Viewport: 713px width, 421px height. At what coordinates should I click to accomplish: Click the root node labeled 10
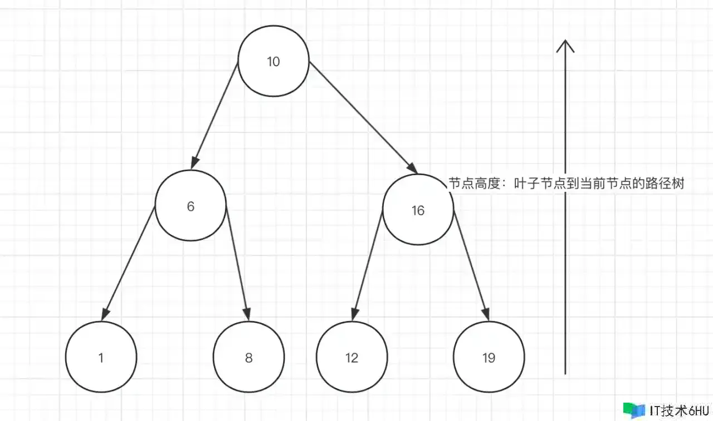(273, 61)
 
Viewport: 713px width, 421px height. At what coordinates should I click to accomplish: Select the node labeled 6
(191, 206)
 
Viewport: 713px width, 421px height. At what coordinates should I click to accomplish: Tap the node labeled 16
(418, 210)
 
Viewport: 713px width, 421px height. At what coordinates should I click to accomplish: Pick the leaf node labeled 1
(101, 358)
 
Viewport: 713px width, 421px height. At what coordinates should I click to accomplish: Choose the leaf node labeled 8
(248, 358)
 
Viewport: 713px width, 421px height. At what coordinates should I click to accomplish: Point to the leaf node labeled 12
(351, 358)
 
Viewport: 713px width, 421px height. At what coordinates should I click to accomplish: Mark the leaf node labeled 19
(489, 358)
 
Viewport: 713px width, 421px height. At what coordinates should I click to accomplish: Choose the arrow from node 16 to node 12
(367, 266)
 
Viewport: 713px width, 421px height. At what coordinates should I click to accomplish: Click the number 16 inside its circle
(418, 210)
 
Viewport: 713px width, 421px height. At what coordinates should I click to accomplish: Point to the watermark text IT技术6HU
(679, 410)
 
